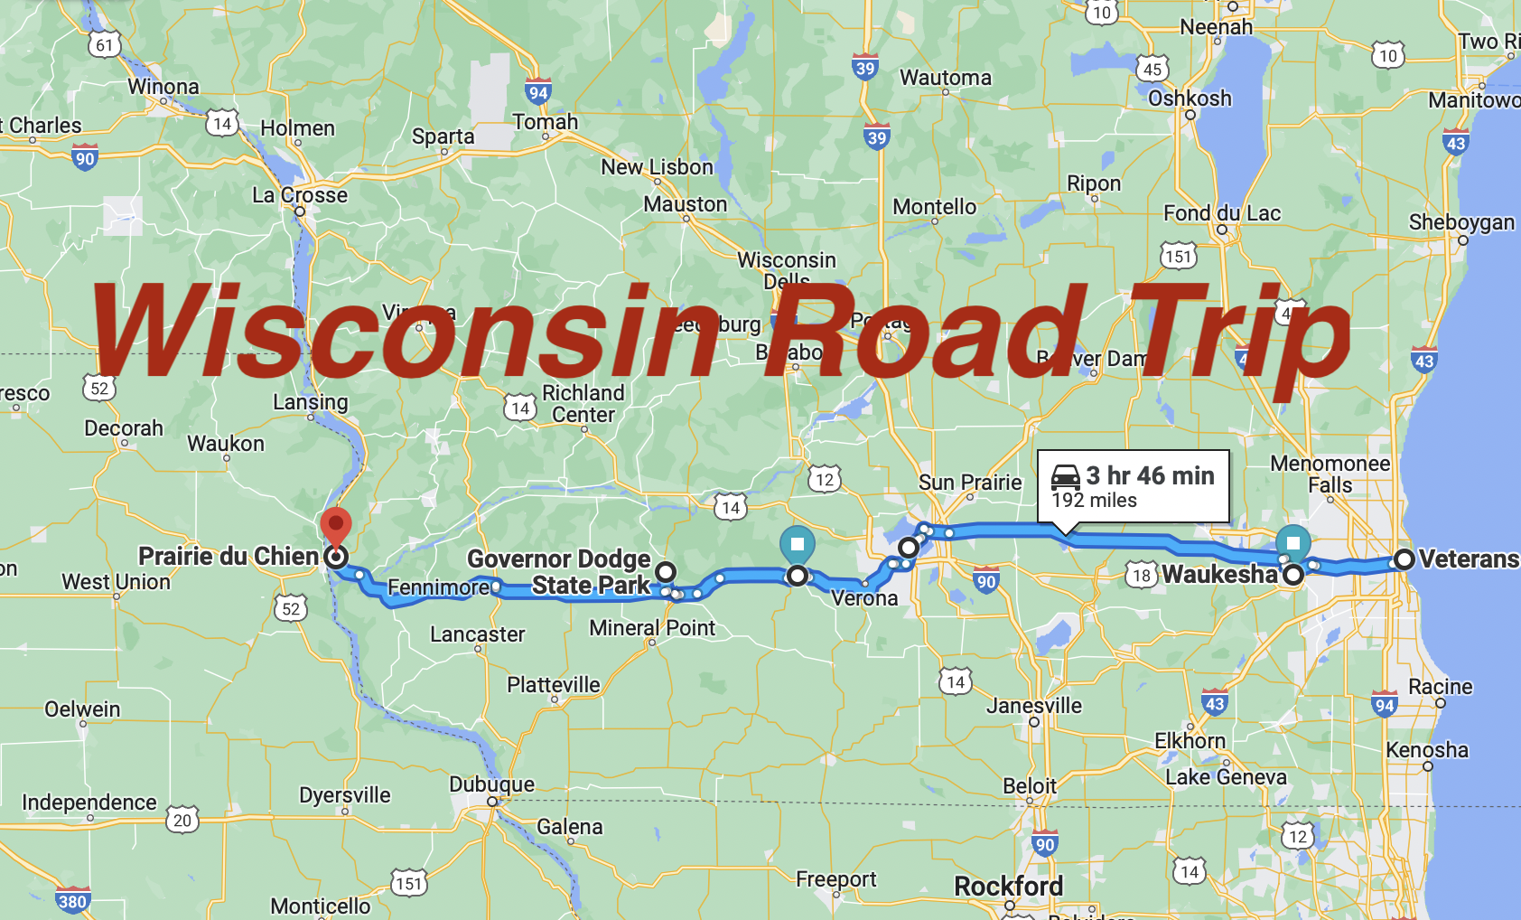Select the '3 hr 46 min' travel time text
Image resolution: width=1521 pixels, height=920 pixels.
pos(1150,475)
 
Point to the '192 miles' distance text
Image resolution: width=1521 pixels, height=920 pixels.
pos(1094,501)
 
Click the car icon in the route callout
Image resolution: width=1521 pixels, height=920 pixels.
pos(1066,476)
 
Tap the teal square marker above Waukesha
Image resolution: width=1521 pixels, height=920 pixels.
pos(1293,543)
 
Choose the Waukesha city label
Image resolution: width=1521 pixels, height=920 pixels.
pos(1219,575)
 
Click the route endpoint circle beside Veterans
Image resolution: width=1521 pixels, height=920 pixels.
pos(1404,559)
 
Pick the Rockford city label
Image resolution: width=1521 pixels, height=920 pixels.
pos(1008,887)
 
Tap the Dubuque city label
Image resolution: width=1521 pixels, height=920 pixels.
pos(492,784)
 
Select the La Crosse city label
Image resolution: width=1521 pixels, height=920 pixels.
pos(300,195)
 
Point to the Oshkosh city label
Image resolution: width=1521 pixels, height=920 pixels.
pos(1190,99)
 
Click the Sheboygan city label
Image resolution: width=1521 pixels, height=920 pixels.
pos(1461,222)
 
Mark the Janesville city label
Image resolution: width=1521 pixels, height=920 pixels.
pos(1034,706)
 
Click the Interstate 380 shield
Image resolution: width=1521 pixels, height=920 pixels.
pos(72,900)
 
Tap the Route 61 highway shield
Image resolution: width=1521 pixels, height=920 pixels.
pos(105,45)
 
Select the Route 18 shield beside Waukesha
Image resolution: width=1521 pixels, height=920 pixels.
pos(1142,576)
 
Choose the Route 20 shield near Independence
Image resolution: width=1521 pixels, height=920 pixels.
pos(182,820)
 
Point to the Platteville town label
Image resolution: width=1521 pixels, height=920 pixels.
pos(553,685)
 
